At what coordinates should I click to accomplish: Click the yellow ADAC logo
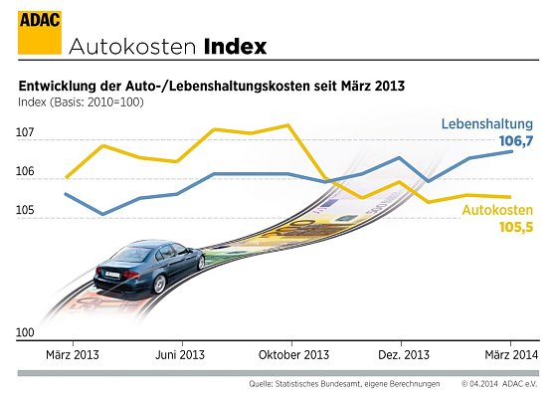click(x=35, y=29)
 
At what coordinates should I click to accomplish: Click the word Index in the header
click(x=237, y=46)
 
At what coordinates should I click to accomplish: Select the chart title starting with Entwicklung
click(x=212, y=87)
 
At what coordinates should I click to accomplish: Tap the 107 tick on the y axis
click(x=25, y=132)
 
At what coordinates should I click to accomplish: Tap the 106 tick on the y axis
click(x=25, y=172)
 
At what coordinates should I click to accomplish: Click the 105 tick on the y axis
click(x=25, y=211)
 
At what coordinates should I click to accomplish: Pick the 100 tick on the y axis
click(x=25, y=333)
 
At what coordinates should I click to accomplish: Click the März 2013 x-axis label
click(x=73, y=355)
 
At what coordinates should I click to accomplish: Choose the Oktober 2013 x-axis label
click(x=293, y=355)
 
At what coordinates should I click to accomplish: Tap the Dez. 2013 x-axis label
click(x=405, y=355)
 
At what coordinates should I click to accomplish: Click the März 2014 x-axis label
click(x=511, y=355)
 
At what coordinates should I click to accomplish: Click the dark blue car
click(x=148, y=268)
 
